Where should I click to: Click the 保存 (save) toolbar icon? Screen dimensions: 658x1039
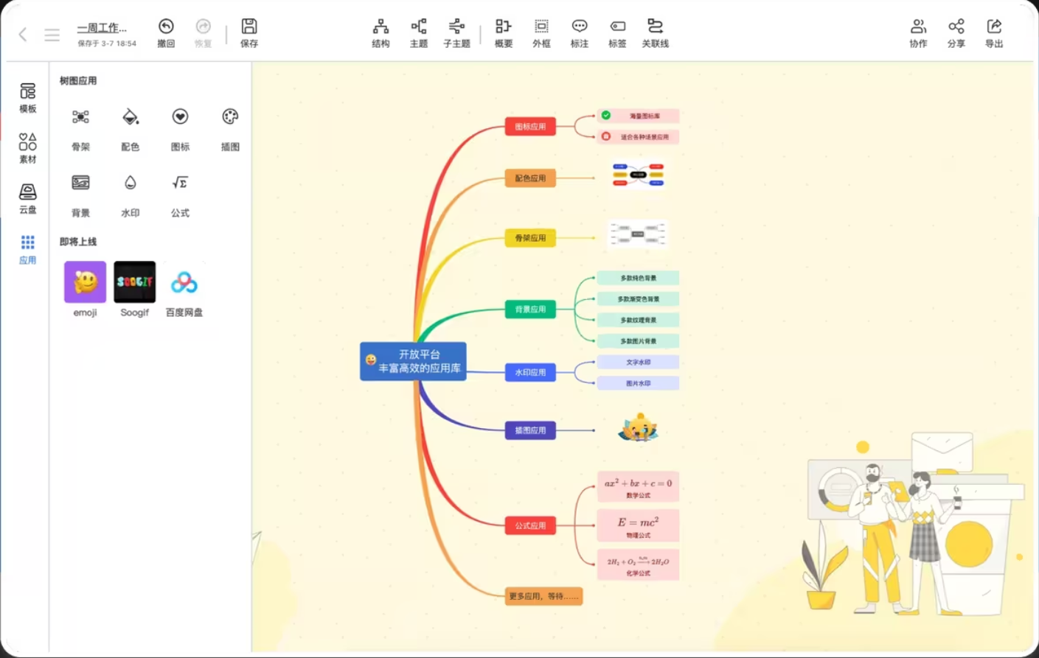point(249,27)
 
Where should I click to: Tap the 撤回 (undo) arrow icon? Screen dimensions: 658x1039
point(166,27)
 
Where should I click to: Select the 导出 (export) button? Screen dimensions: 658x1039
point(994,27)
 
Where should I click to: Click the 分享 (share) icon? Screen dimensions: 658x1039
point(956,27)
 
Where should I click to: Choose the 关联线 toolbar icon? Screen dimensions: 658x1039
point(655,27)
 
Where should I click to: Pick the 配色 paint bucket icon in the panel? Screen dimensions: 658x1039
point(130,117)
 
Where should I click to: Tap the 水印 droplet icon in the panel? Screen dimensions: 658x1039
point(130,183)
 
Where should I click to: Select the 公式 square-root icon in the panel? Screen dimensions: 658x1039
point(180,183)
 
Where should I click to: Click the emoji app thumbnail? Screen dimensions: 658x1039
point(85,282)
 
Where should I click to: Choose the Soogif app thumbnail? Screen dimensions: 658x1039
point(134,282)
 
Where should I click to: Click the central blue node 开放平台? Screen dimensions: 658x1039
point(413,361)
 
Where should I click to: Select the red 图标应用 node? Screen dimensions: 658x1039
point(530,127)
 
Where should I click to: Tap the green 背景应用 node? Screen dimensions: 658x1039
point(530,309)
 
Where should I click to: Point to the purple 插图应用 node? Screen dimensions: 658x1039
point(530,430)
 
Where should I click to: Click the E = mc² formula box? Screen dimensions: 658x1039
point(638,525)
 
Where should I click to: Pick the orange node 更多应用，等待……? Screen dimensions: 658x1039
point(543,596)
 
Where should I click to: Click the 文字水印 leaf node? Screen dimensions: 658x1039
point(638,363)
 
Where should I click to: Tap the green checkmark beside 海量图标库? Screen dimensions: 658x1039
point(606,115)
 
